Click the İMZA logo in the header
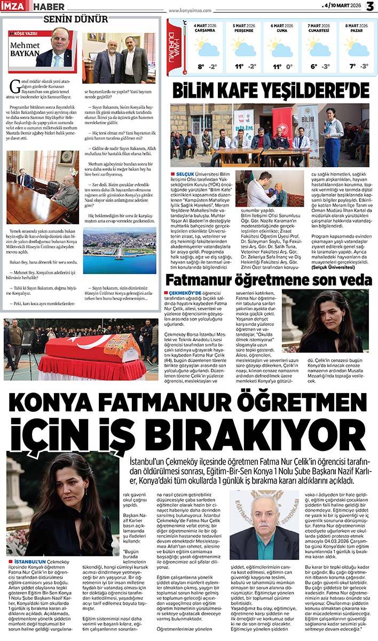tap(15, 6)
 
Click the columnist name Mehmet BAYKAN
tap(25, 50)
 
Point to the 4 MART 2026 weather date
tap(201, 25)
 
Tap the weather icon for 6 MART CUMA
tap(281, 48)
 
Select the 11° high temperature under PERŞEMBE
tap(239, 67)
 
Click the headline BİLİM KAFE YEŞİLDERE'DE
tap(270, 89)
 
